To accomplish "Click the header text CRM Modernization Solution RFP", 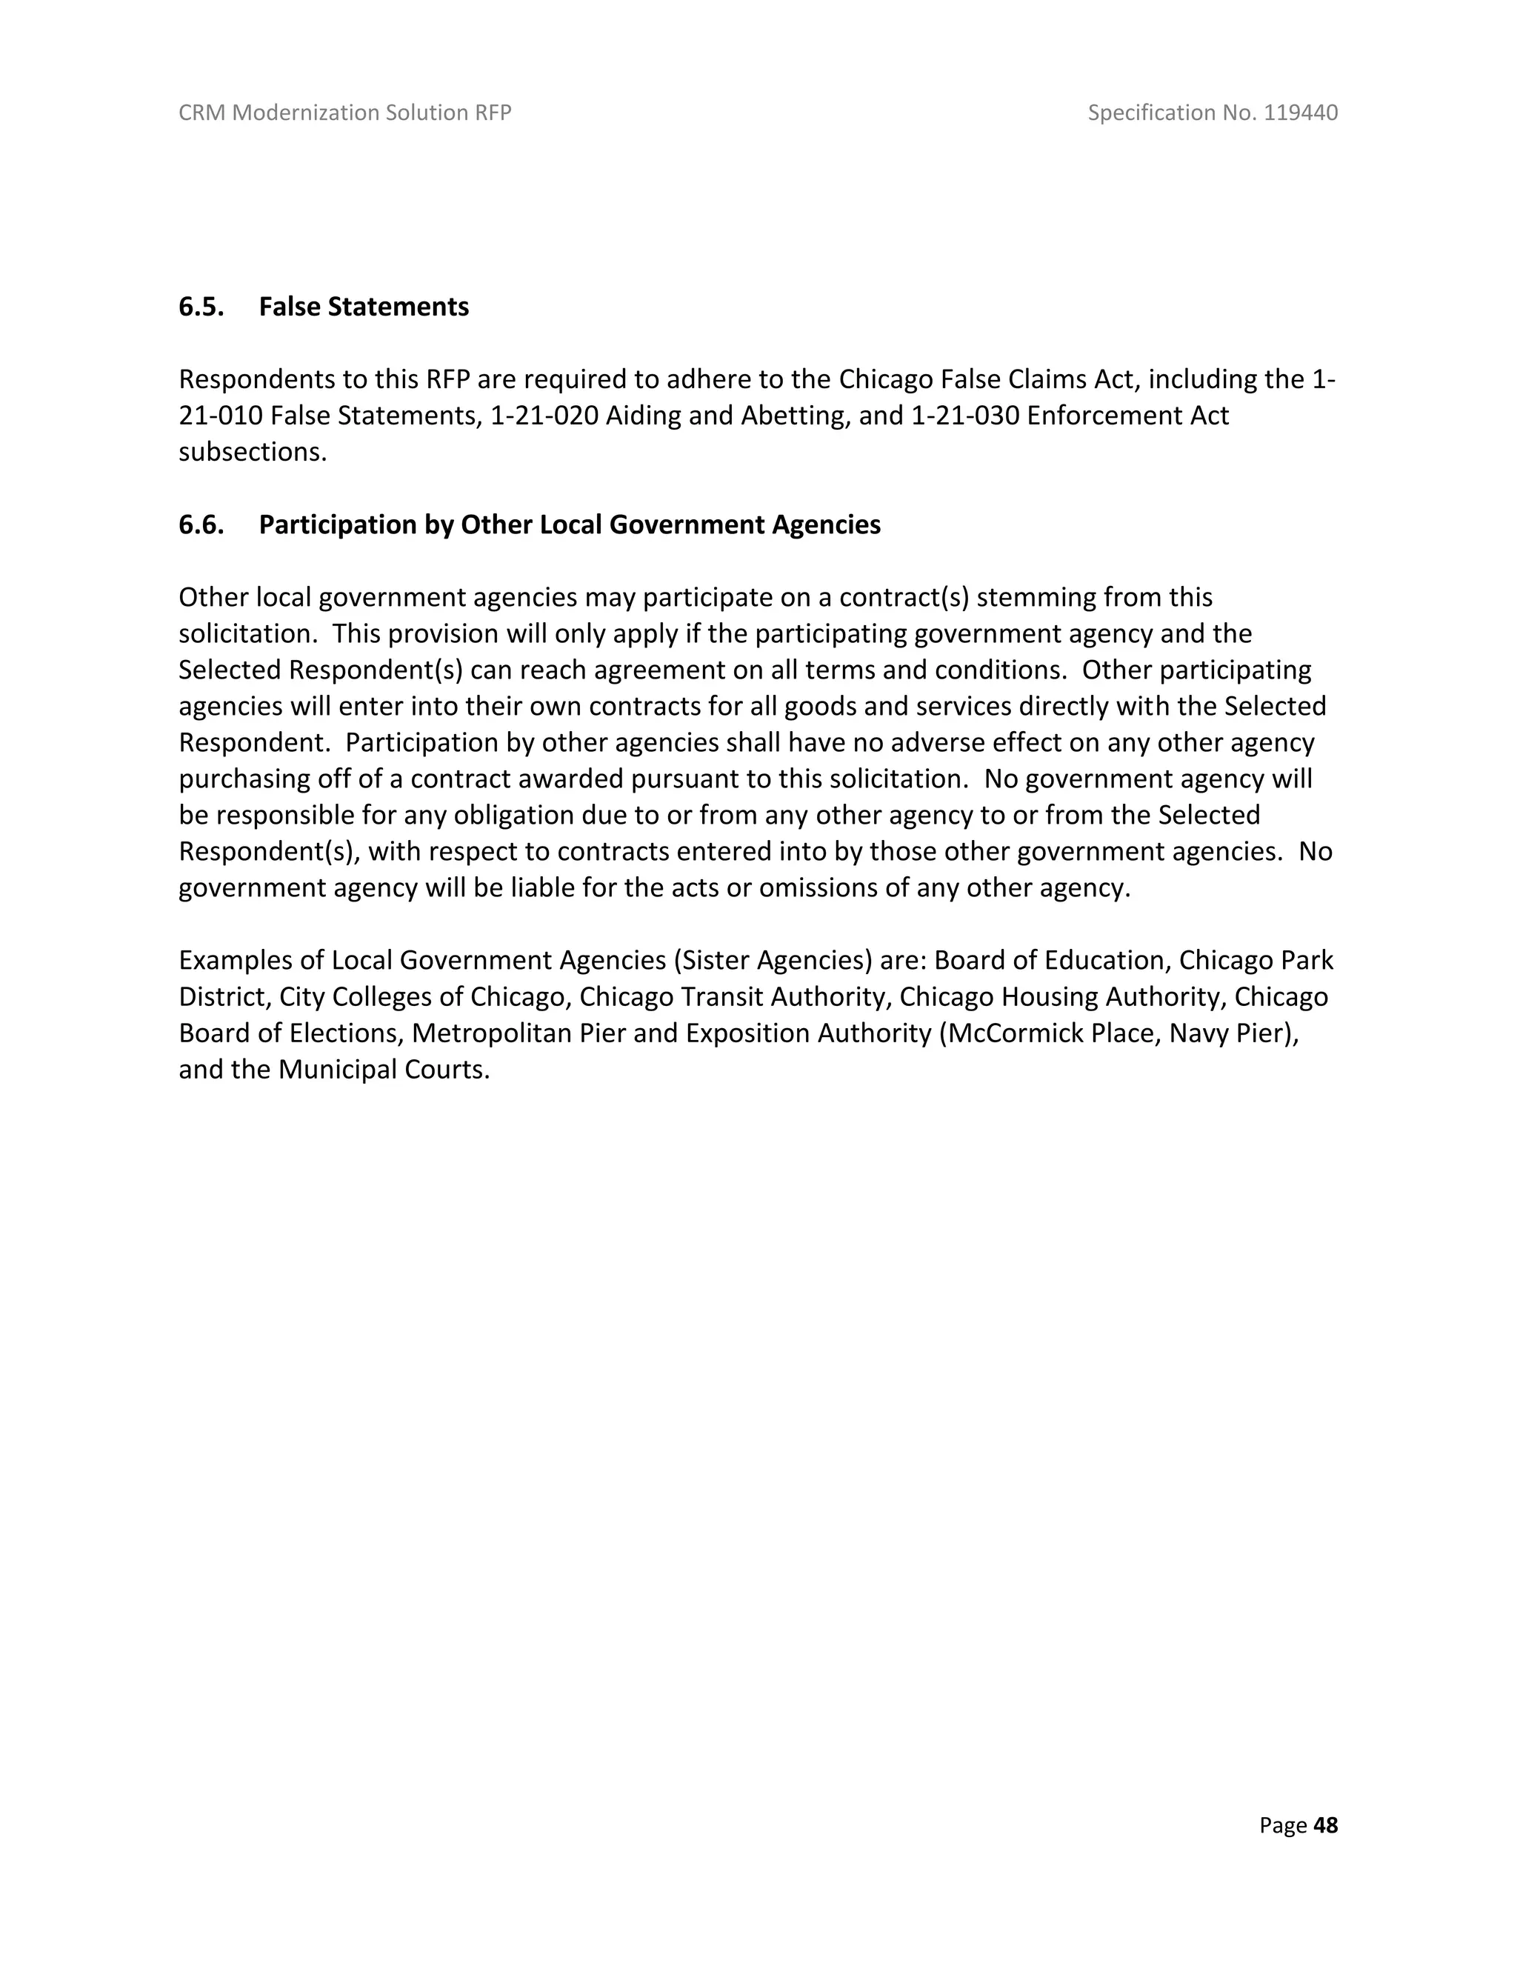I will click(345, 113).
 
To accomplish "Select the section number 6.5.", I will click(201, 307).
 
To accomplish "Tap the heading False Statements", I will click(364, 307).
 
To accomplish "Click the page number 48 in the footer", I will click(1326, 1824).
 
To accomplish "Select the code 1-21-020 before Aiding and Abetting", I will click(544, 416).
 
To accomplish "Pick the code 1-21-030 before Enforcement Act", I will click(965, 416).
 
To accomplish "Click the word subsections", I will click(253, 451).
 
